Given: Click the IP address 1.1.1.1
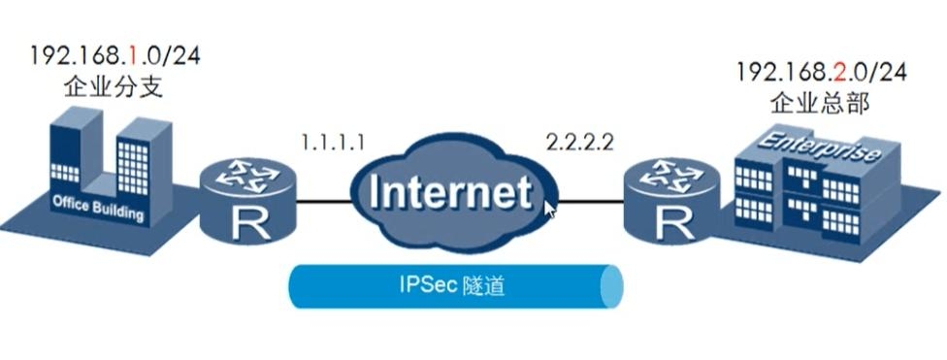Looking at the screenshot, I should (x=332, y=143).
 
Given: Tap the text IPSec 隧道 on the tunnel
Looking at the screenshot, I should (x=452, y=285).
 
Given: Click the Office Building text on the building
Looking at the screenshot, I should (x=97, y=203).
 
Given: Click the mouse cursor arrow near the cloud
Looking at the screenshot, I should (x=550, y=209).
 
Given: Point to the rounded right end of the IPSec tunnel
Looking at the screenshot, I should (x=611, y=286).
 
